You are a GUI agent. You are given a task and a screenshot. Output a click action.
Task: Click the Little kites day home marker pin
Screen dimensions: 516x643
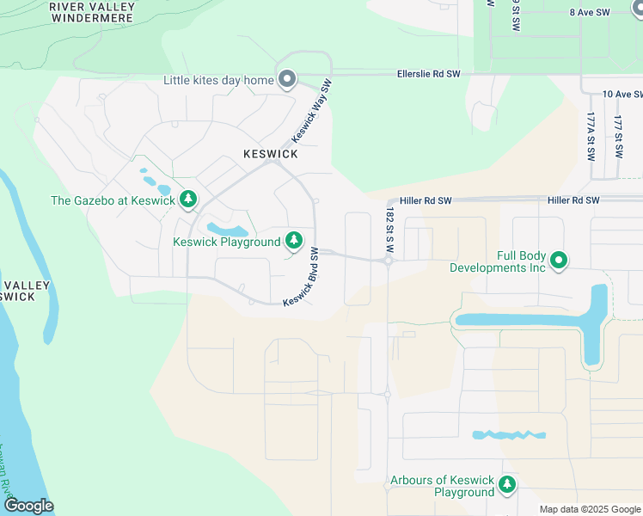point(287,80)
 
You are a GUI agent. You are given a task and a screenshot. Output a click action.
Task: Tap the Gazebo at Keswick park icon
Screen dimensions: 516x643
point(187,200)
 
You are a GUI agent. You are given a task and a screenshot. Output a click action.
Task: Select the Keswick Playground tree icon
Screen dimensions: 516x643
point(294,241)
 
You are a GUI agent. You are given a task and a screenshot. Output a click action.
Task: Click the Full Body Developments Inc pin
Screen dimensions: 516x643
point(558,260)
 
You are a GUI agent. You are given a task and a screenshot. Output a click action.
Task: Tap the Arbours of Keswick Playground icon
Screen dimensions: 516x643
point(507,485)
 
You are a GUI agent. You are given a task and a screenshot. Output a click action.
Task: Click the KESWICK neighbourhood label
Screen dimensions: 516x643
point(270,154)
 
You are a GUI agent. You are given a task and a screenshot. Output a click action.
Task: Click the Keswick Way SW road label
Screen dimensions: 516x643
point(312,112)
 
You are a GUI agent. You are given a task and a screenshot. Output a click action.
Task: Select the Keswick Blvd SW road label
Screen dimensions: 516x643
point(303,277)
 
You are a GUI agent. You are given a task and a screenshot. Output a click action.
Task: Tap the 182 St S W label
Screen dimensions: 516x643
point(389,226)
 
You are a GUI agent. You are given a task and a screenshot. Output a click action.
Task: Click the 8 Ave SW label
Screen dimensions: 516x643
point(590,13)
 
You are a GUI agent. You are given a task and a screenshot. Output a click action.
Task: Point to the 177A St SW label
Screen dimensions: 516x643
point(591,136)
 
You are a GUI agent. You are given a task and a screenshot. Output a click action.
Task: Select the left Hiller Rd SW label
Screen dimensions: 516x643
point(419,200)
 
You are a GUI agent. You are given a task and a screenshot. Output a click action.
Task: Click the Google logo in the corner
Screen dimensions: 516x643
point(28,506)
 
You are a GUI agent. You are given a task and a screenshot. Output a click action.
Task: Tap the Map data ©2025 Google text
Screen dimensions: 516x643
point(590,509)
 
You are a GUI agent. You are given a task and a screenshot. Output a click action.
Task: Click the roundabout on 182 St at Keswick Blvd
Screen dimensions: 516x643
point(388,261)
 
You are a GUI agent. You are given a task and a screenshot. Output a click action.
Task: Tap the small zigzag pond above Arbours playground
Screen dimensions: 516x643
point(509,435)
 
